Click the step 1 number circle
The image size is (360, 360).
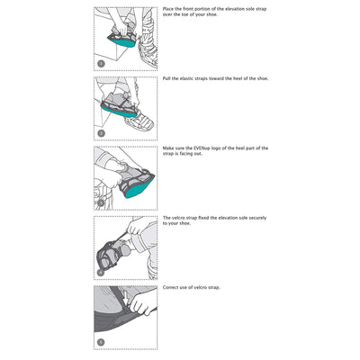point(102,64)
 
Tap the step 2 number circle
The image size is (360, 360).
point(102,133)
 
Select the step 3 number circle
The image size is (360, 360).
point(102,203)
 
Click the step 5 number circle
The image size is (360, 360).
point(102,342)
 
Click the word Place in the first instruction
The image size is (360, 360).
point(167,9)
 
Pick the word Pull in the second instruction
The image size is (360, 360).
point(166,79)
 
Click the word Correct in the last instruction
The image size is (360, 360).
point(170,287)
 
